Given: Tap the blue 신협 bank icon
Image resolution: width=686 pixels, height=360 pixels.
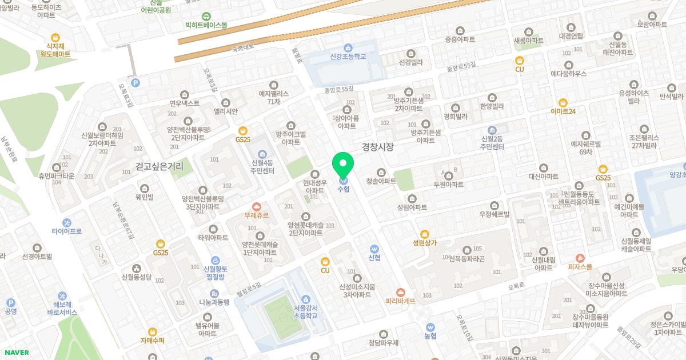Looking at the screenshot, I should [374, 249].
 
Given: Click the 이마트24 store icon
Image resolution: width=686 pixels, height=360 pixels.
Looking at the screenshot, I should [563, 102].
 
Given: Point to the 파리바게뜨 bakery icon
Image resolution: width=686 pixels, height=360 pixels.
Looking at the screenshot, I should [400, 292].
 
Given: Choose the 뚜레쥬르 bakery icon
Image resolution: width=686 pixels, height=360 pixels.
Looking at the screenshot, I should [256, 207].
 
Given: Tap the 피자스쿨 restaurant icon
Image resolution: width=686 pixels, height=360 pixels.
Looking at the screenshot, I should [580, 258].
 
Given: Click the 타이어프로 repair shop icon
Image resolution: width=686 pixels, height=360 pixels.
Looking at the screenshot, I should [67, 222].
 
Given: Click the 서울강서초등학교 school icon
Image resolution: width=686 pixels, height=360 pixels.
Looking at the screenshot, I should [305, 299].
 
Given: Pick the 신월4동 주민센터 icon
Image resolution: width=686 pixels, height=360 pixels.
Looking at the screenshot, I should [262, 154].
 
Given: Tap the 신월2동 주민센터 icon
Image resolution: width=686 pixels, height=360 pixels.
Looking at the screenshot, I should [492, 130].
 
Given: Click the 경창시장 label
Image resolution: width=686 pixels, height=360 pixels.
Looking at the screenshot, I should [378, 147].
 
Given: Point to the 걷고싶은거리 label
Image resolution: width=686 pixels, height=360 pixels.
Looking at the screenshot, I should [159, 166].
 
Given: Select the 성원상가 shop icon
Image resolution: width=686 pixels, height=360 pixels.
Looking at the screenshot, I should [424, 234].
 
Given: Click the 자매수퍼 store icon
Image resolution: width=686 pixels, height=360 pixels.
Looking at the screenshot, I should [152, 331].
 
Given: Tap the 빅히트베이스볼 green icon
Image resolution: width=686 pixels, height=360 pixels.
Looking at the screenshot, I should [206, 17].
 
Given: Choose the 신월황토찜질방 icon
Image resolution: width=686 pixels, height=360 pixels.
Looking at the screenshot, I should [215, 260].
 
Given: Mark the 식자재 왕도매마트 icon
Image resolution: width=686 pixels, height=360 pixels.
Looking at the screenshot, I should [55, 37].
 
